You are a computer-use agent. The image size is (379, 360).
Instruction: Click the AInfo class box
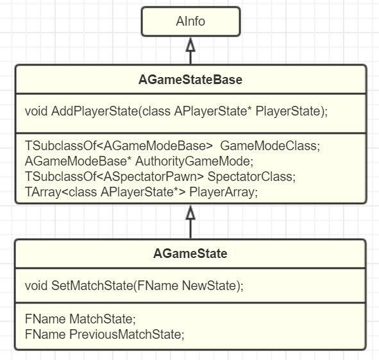click(x=190, y=22)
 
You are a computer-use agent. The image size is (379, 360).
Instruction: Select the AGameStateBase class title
click(x=190, y=80)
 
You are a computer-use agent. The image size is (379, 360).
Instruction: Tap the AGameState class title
click(x=190, y=253)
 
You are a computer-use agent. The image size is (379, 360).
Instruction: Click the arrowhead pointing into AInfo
click(x=190, y=44)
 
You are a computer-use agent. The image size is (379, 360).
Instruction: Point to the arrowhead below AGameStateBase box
click(x=190, y=212)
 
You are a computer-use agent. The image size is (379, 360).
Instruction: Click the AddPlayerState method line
click(x=176, y=111)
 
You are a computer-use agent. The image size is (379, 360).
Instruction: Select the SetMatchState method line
click(x=134, y=286)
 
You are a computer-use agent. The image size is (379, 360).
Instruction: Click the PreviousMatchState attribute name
click(x=126, y=334)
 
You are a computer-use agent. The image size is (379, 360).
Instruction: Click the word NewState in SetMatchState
click(x=211, y=286)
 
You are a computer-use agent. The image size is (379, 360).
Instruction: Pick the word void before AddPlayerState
click(x=37, y=111)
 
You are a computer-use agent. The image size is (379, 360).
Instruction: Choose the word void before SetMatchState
click(x=37, y=286)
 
